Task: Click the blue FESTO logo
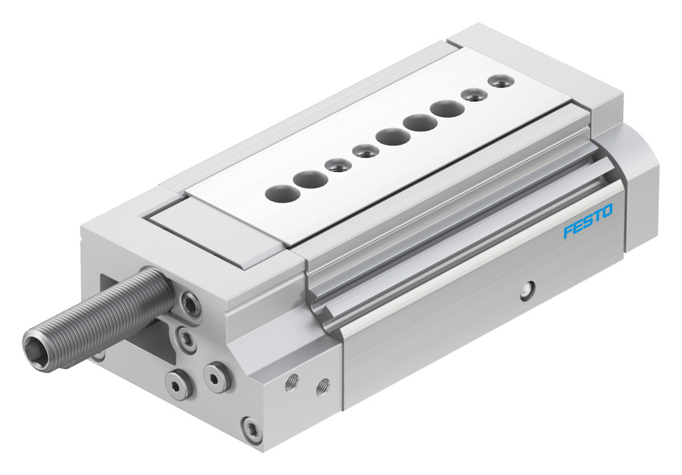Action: (588, 221)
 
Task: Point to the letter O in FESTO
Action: (607, 211)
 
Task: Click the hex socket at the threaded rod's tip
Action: (34, 343)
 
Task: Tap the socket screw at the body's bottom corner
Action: (252, 431)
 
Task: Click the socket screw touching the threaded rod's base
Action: (190, 303)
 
